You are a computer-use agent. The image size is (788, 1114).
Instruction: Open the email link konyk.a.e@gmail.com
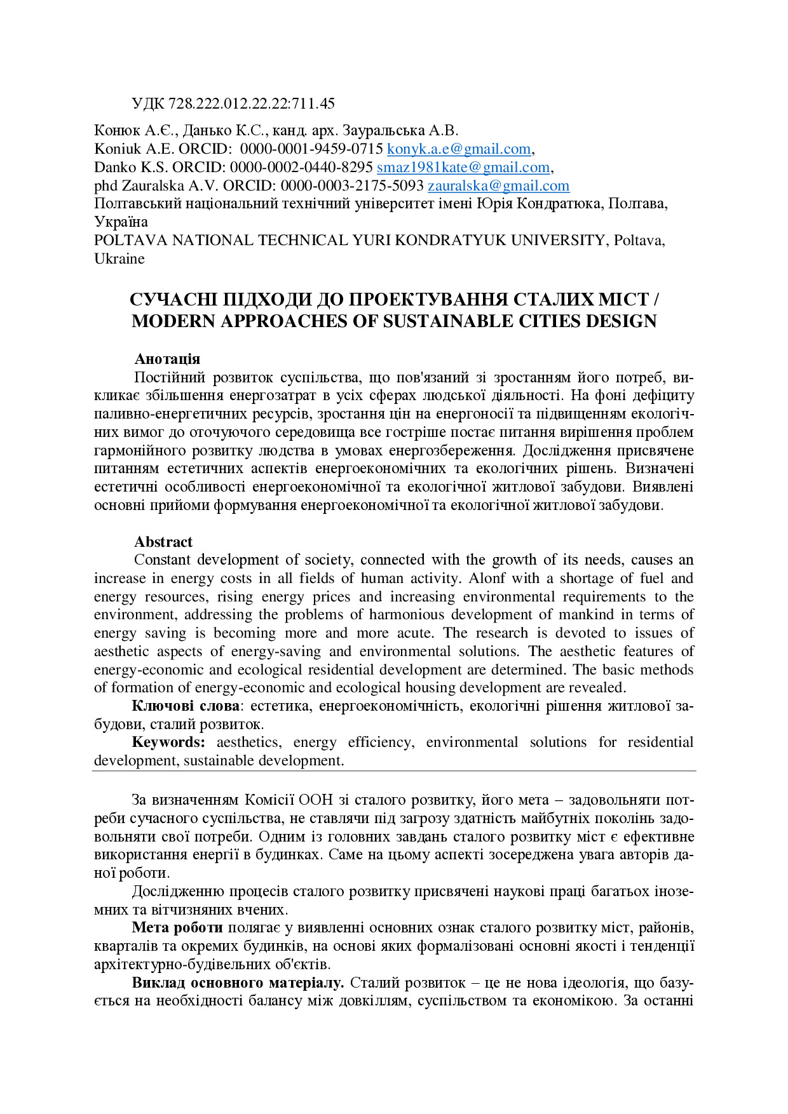(x=459, y=149)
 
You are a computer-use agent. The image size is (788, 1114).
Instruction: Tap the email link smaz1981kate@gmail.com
(x=463, y=168)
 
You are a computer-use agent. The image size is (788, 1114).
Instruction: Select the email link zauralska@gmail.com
(x=498, y=186)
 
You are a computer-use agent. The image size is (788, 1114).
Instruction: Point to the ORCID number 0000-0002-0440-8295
(x=301, y=168)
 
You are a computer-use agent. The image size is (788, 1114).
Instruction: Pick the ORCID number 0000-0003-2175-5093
(x=352, y=186)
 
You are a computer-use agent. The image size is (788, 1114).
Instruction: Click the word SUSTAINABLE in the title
(x=447, y=321)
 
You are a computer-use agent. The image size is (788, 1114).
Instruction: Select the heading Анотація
(x=167, y=359)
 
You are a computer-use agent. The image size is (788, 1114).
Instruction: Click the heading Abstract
(x=163, y=542)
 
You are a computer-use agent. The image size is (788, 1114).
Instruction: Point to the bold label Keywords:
(x=168, y=742)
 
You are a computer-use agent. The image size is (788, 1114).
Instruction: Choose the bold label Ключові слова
(x=186, y=706)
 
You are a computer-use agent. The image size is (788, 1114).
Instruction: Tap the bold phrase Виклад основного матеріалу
(x=238, y=983)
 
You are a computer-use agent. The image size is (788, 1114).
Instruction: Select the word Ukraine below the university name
(x=119, y=259)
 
